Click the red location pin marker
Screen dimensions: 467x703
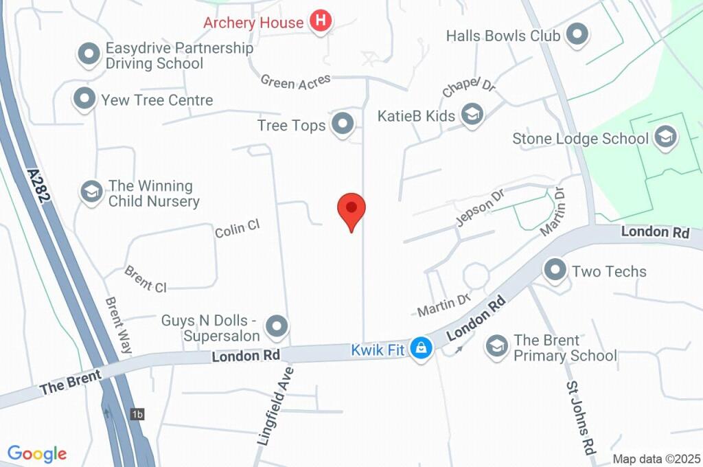click(x=351, y=209)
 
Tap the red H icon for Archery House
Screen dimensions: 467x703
click(x=320, y=21)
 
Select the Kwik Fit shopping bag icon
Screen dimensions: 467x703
click(x=421, y=348)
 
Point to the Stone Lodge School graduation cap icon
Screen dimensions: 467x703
click(x=665, y=138)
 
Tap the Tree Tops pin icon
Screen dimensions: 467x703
click(x=342, y=125)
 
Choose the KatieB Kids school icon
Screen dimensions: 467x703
click(x=472, y=115)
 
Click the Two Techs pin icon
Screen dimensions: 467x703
click(x=555, y=271)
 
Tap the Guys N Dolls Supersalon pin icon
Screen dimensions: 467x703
click(x=276, y=328)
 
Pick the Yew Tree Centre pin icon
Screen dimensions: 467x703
click(x=84, y=100)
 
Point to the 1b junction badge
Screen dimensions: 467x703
click(x=138, y=414)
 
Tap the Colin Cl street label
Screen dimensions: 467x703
click(x=237, y=229)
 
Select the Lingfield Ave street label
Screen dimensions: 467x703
click(x=275, y=406)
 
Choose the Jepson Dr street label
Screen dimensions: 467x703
click(x=480, y=205)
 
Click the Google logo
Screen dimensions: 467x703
click(x=37, y=453)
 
